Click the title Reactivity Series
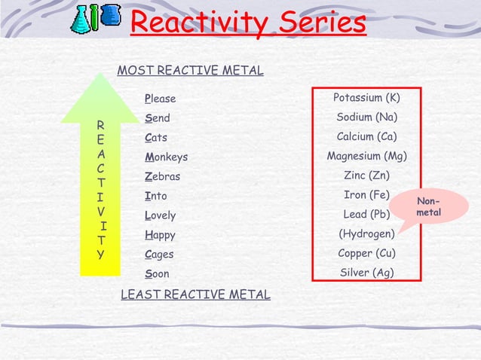click(248, 23)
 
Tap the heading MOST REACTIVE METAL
click(191, 71)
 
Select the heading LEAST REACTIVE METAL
click(195, 294)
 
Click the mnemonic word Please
click(160, 99)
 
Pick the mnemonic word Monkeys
click(166, 157)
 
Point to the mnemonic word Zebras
click(162, 177)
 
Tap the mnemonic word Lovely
click(160, 215)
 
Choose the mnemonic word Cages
click(160, 255)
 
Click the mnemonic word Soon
click(157, 274)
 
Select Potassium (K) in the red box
click(366, 98)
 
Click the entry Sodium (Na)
click(366, 117)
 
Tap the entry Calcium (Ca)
click(366, 137)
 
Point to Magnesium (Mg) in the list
click(366, 157)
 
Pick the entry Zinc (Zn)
click(366, 176)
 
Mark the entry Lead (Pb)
click(366, 215)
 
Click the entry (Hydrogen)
click(366, 234)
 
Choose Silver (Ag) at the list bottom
click(366, 273)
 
